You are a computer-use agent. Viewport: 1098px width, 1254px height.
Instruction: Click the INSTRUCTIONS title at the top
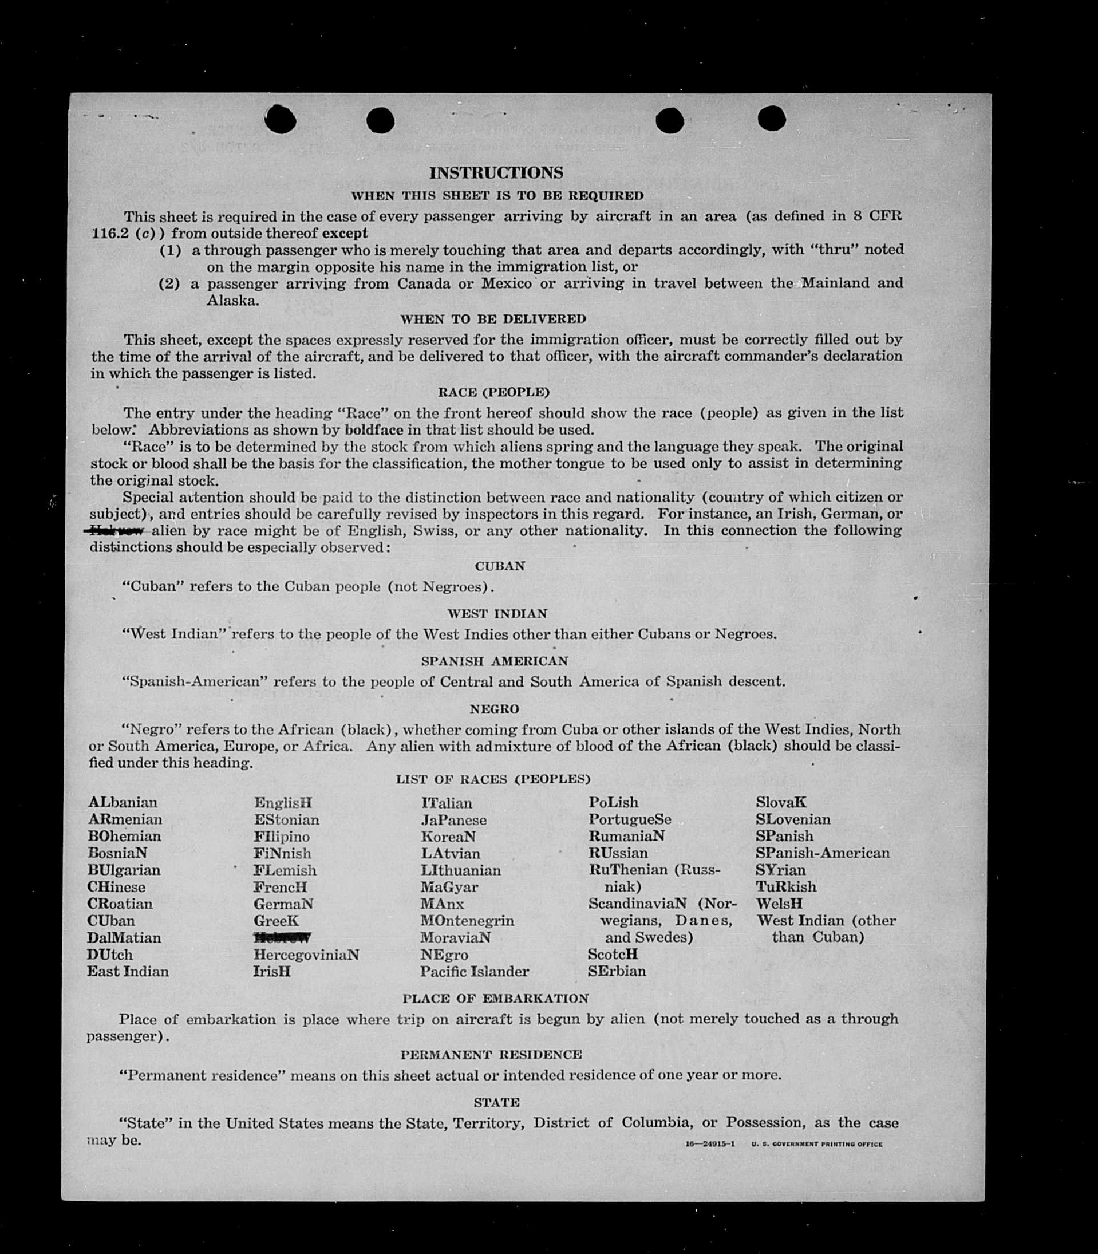pyautogui.click(x=496, y=173)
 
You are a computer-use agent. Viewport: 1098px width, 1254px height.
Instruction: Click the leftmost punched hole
pyautogui.click(x=280, y=119)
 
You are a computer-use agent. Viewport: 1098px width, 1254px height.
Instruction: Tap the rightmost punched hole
pyautogui.click(x=772, y=119)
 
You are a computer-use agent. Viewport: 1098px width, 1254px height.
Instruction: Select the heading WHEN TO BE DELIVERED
pyautogui.click(x=493, y=319)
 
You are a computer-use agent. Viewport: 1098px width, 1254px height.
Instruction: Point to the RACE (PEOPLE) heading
pyautogui.click(x=493, y=392)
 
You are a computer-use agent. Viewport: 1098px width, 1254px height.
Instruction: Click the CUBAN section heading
pyautogui.click(x=499, y=566)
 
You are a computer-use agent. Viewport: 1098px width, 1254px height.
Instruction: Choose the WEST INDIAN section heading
pyautogui.click(x=497, y=613)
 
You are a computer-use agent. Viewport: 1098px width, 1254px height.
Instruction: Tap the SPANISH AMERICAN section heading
pyautogui.click(x=495, y=661)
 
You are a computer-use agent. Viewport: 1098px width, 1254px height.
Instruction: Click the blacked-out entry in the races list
pyautogui.click(x=282, y=938)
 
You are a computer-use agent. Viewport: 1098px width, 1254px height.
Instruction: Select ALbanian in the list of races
pyautogui.click(x=123, y=802)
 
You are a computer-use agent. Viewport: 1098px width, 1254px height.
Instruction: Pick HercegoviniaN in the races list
pyautogui.click(x=306, y=955)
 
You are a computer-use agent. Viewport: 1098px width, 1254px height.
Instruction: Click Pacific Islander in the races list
pyautogui.click(x=474, y=972)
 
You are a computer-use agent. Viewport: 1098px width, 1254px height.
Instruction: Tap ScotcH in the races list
pyautogui.click(x=613, y=955)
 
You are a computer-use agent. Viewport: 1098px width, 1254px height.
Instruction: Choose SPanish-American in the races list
pyautogui.click(x=822, y=853)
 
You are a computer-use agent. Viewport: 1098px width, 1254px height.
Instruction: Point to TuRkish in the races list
pyautogui.click(x=785, y=887)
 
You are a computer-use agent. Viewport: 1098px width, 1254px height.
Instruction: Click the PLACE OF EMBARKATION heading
pyautogui.click(x=495, y=999)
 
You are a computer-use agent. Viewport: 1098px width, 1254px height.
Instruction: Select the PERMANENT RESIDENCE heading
pyautogui.click(x=491, y=1055)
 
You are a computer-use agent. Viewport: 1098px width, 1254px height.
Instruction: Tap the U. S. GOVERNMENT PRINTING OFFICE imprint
pyautogui.click(x=817, y=1144)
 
